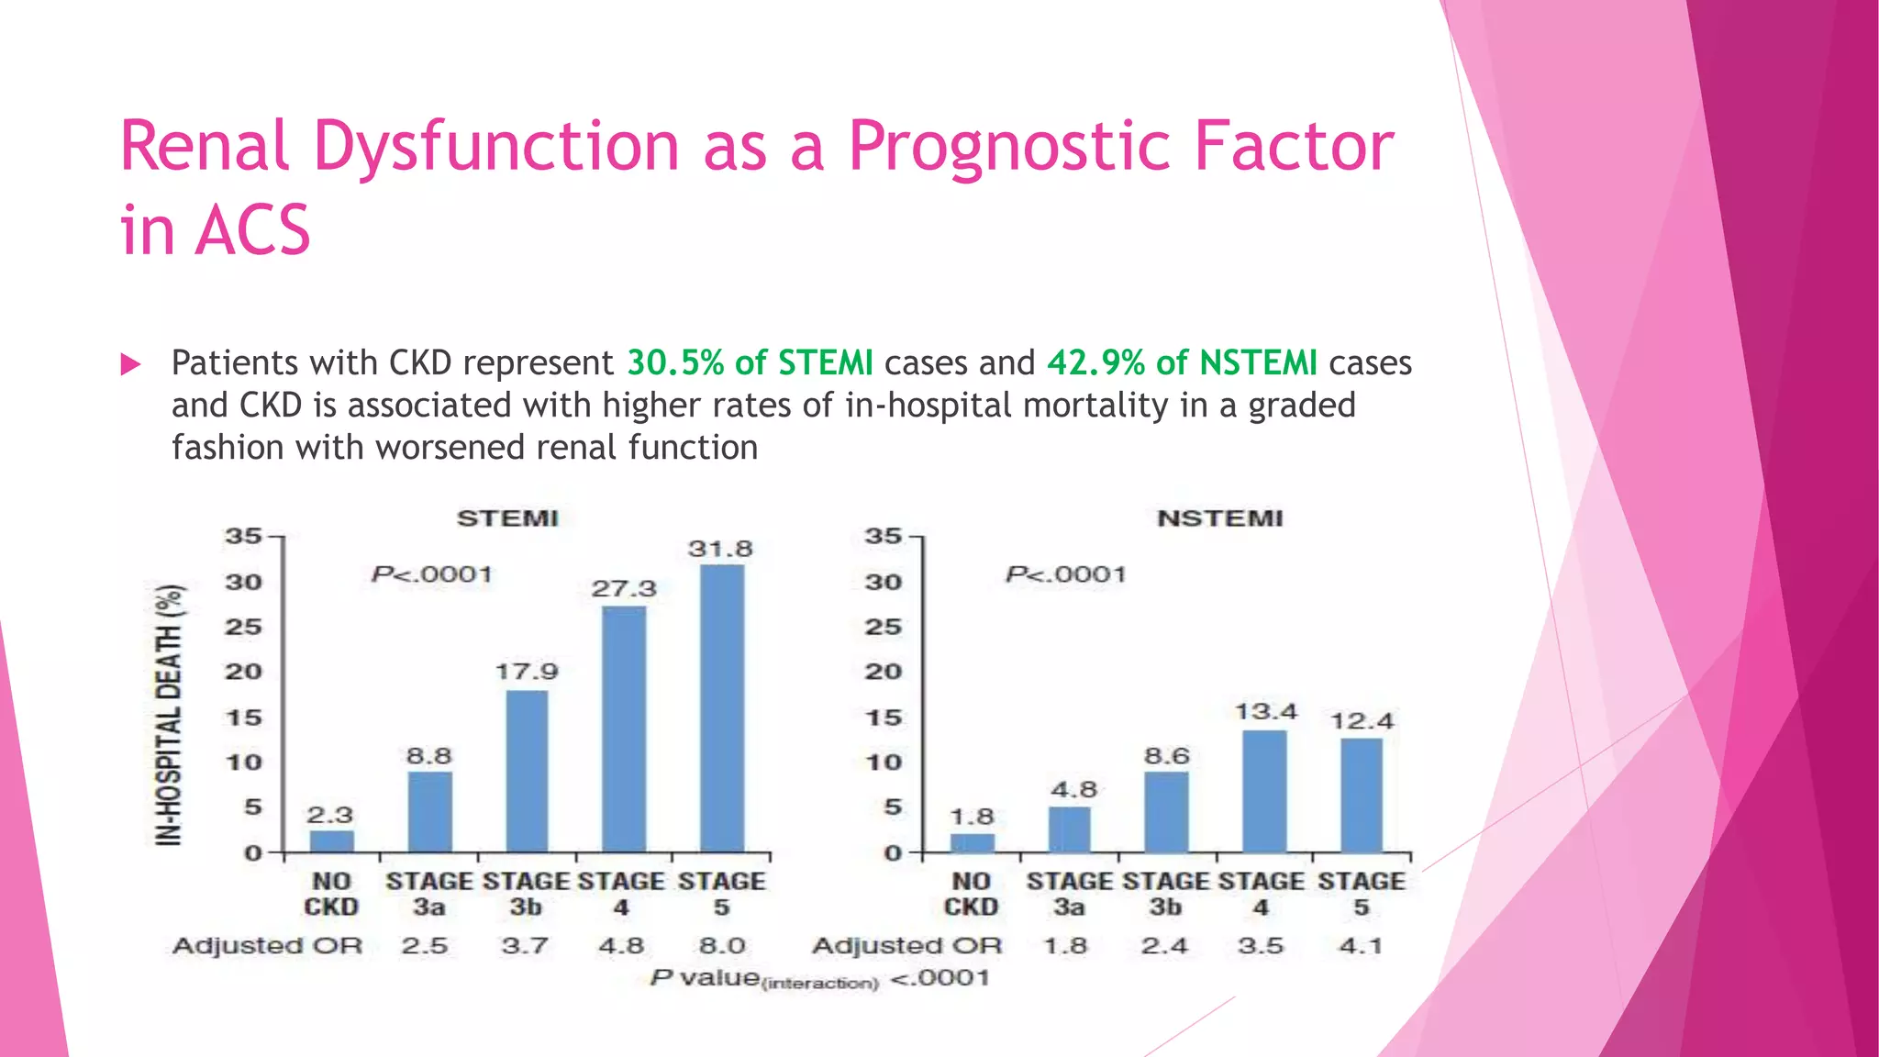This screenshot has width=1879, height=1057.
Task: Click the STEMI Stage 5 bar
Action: [721, 708]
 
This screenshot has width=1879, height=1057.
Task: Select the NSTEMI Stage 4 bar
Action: [1264, 791]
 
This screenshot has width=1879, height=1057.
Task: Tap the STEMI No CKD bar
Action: [331, 841]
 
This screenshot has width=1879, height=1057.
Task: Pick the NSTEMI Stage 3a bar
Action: [1069, 829]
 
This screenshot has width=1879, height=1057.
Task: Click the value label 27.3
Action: [624, 588]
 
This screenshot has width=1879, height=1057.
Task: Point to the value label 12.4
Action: [1362, 721]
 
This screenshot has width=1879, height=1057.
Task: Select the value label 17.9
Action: [527, 672]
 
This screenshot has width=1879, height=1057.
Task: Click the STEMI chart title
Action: [507, 518]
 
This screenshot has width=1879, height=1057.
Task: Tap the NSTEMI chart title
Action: [1219, 518]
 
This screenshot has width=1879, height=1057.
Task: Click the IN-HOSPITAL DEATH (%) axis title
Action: [169, 715]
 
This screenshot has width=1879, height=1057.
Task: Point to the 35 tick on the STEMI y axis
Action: [242, 536]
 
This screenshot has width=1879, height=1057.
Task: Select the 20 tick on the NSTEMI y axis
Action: [883, 672]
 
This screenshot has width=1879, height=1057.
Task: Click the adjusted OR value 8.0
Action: [722, 945]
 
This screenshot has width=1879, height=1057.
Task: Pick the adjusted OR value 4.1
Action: [1361, 945]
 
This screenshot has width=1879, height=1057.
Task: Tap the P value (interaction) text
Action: [820, 978]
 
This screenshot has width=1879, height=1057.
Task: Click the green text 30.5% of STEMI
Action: [750, 362]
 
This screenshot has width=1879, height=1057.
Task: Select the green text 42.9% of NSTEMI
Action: [1182, 362]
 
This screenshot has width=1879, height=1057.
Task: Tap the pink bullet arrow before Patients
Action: [130, 365]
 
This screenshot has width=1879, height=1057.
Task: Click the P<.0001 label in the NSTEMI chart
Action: [1065, 574]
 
